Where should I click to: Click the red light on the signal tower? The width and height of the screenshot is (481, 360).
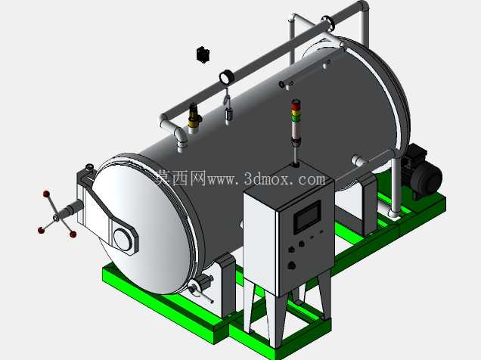tap(295, 106)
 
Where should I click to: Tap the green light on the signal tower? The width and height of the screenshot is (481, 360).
tap(295, 118)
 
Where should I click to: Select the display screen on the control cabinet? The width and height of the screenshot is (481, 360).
tap(307, 217)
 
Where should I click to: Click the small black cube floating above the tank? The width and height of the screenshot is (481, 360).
tap(203, 55)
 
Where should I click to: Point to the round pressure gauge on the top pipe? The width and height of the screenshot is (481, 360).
tap(226, 77)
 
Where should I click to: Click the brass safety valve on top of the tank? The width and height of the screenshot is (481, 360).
tap(194, 117)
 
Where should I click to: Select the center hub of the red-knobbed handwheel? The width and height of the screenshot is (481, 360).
tap(56, 217)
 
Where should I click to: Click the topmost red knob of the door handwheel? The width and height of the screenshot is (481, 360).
tap(46, 194)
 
